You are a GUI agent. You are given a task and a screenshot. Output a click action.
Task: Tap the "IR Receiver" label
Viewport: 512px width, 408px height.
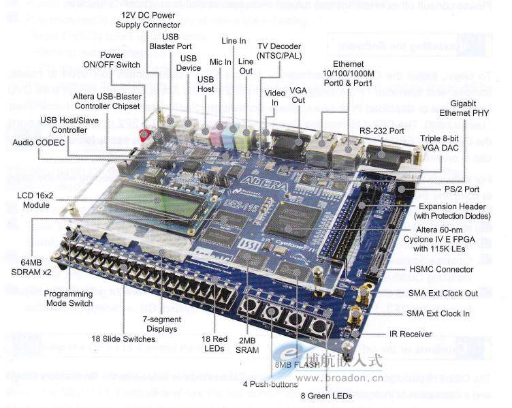428,334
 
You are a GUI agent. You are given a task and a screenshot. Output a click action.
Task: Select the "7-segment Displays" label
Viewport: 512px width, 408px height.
160,324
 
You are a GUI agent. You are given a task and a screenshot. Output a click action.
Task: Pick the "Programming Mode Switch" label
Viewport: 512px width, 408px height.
68,298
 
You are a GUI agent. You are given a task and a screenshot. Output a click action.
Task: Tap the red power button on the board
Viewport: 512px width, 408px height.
144,135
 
